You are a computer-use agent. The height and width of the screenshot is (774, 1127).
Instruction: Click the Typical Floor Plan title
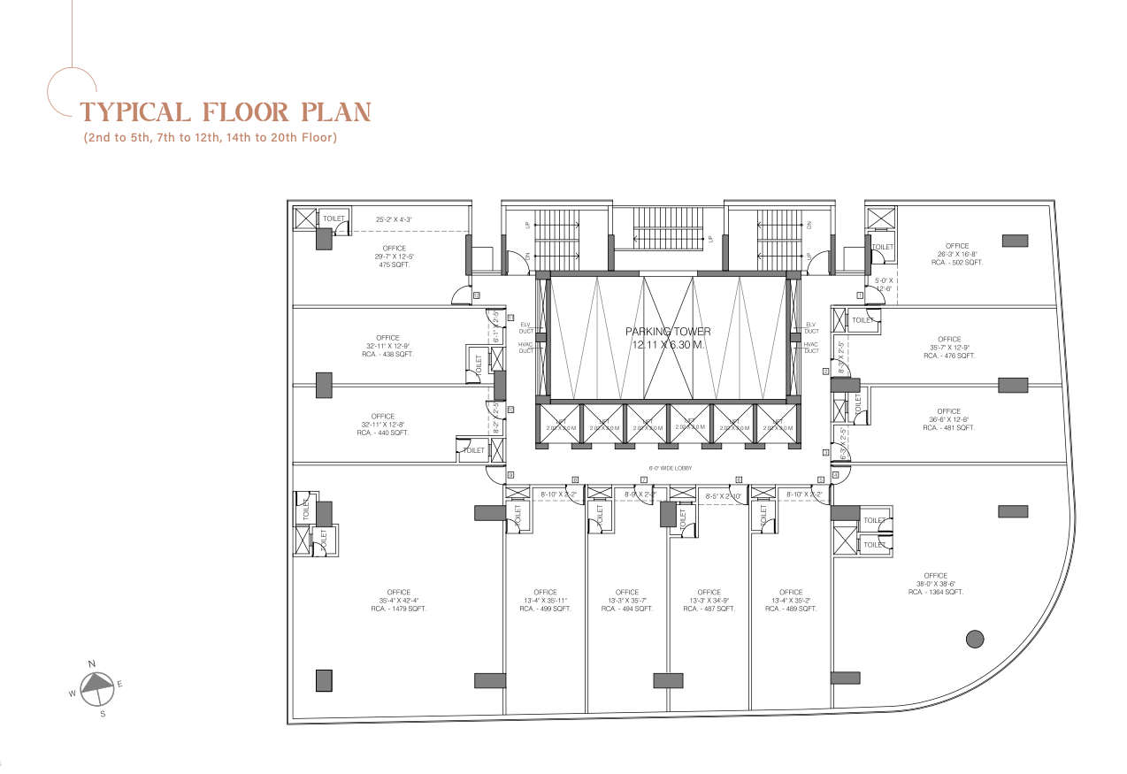pos(225,112)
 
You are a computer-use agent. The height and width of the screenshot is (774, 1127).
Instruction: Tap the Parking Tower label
pos(668,338)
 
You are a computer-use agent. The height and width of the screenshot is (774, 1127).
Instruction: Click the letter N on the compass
pos(92,663)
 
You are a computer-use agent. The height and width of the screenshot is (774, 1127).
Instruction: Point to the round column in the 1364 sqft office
pos(975,638)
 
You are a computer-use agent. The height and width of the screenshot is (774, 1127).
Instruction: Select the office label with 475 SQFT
pos(395,257)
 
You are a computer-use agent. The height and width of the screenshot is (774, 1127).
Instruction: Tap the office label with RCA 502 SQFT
pos(956,254)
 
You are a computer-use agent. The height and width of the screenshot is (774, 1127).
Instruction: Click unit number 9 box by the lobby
pos(510,476)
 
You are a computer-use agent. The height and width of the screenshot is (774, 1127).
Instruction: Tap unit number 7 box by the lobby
pos(644,479)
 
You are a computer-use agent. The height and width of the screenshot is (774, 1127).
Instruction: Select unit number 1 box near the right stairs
pos(859,295)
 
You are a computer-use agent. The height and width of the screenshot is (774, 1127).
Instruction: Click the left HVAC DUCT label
pos(525,348)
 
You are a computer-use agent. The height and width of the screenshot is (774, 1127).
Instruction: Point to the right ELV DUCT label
pos(811,327)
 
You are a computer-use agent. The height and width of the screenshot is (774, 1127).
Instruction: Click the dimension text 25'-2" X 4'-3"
pos(395,219)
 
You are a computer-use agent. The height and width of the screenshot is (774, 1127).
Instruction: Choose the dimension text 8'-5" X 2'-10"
pos(723,496)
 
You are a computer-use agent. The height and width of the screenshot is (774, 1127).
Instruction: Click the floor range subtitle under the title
pos(211,138)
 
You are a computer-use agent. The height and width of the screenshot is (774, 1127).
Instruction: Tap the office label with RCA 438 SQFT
pos(387,346)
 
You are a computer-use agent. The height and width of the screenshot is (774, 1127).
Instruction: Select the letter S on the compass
pos(103,714)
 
